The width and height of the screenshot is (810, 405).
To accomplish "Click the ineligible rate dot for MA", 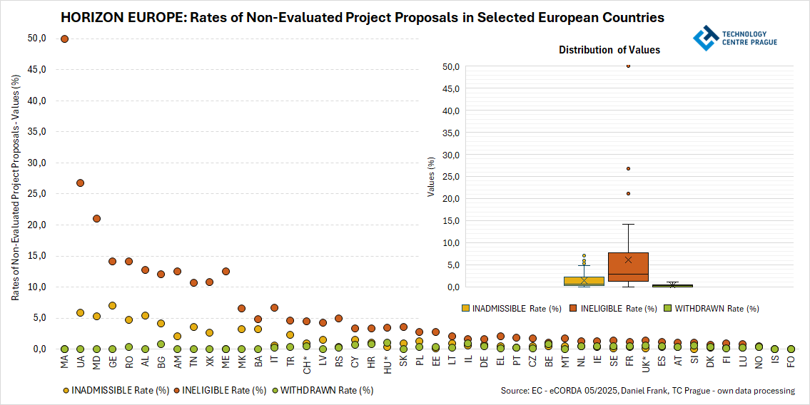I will tap(64, 39).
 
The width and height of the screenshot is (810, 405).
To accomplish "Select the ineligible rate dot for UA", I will tap(81, 183).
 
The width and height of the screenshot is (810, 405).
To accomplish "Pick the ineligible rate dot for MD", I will tap(96, 219).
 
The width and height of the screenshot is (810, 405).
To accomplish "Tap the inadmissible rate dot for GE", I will tap(113, 306).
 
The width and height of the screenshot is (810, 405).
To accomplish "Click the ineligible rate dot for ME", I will tap(226, 272).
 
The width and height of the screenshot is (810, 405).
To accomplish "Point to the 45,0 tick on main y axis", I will tap(36, 70).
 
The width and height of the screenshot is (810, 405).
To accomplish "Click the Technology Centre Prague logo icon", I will tap(706, 38).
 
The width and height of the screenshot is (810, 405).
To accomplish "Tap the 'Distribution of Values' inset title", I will tap(609, 50).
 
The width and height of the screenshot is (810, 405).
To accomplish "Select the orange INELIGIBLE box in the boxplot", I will tap(628, 267).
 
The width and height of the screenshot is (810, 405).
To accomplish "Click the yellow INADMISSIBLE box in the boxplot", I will tap(584, 281).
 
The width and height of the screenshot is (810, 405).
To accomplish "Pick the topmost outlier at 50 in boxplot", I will tap(628, 66).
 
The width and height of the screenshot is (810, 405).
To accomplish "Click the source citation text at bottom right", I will tap(648, 391).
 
